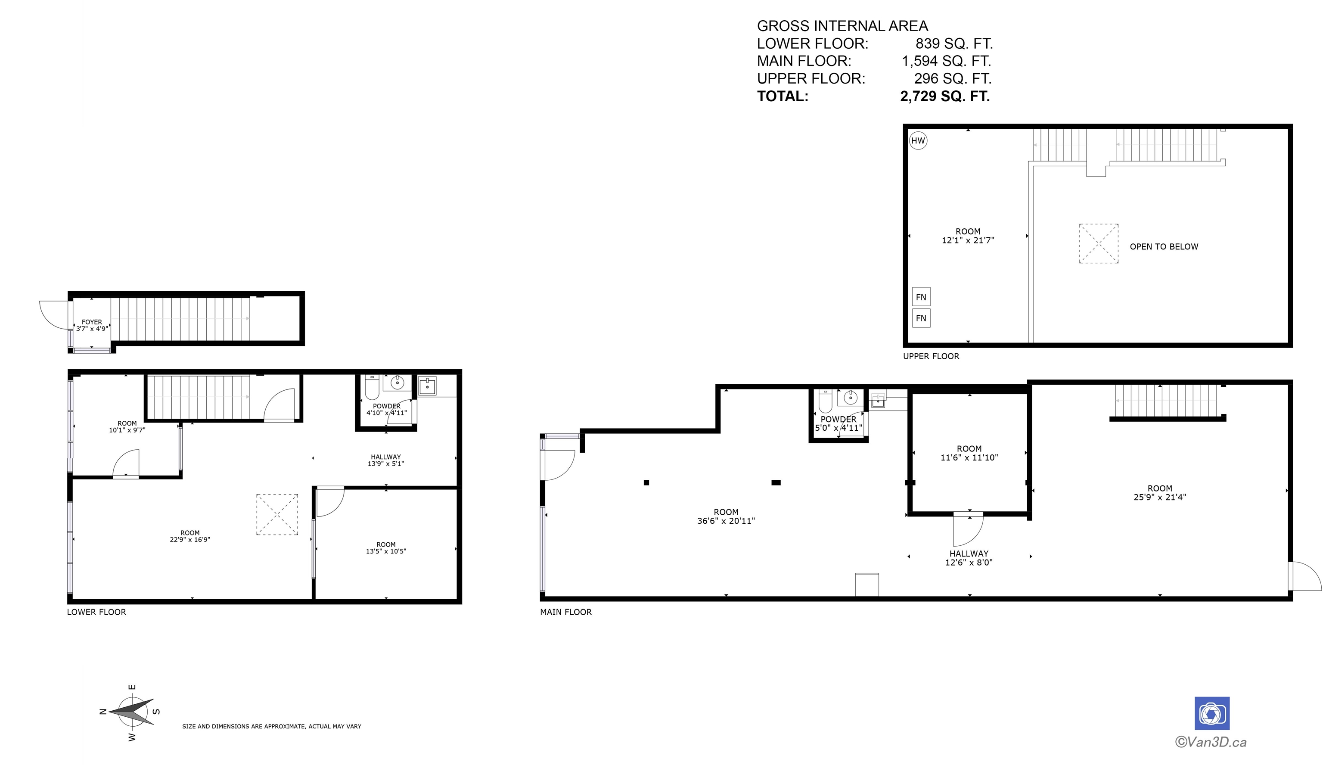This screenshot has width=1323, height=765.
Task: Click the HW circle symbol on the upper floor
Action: click(918, 141)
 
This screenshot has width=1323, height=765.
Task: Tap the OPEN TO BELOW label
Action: click(1164, 247)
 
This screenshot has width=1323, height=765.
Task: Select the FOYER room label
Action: click(92, 322)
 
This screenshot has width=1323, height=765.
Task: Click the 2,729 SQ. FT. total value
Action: click(945, 96)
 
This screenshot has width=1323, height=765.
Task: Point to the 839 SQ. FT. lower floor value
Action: click(954, 43)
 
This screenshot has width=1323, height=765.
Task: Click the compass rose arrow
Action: click(132, 712)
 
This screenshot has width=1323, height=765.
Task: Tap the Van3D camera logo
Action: click(1212, 713)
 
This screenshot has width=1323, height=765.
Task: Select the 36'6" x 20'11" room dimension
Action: click(726, 521)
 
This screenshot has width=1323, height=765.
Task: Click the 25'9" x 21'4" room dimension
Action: click(1160, 497)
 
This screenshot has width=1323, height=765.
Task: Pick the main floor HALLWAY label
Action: click(969, 554)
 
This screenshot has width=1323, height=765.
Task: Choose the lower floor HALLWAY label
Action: click(386, 457)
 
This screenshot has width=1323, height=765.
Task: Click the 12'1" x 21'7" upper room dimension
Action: click(968, 240)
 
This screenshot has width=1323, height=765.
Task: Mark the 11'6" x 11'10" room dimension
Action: click(969, 457)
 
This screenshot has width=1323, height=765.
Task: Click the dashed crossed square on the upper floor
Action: click(1099, 244)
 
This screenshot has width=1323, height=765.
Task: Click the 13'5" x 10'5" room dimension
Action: click(386, 551)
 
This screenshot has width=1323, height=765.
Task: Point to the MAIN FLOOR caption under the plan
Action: click(566, 612)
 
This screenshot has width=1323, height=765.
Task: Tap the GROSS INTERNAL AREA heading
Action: click(842, 26)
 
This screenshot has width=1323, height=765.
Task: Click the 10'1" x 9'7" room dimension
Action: click(127, 430)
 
